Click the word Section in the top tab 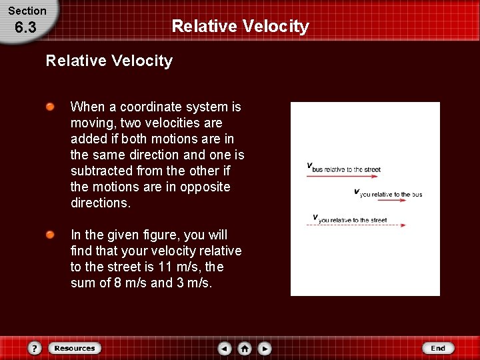(x=27, y=11)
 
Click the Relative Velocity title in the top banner (x=240, y=26)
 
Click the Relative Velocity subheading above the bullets (x=109, y=61)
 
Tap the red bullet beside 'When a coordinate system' (x=51, y=107)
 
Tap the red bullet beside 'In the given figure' (x=51, y=235)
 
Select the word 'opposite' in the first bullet (x=207, y=187)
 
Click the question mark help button (x=35, y=348)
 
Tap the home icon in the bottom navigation (x=245, y=348)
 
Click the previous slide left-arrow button (x=225, y=348)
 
